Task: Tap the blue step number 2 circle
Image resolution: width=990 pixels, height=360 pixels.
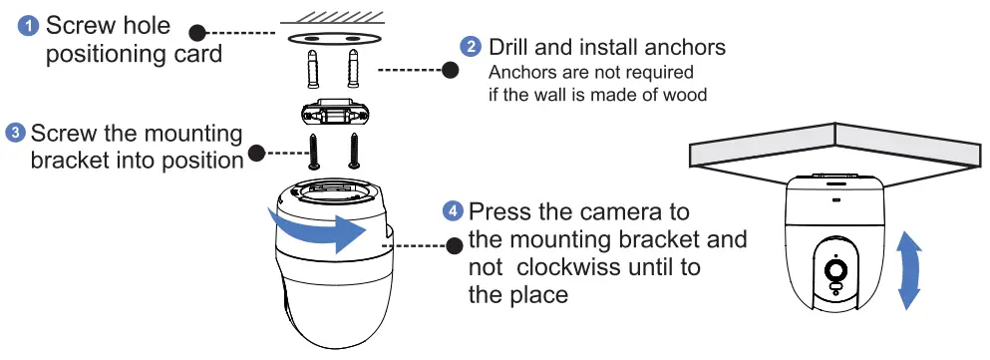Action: pos(470,47)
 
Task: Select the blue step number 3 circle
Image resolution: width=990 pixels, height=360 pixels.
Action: pos(15,133)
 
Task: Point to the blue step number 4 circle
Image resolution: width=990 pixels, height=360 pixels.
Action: pos(453,211)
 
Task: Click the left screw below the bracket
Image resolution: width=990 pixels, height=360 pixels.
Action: pos(316,152)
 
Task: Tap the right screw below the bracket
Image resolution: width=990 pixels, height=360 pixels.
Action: pos(352,152)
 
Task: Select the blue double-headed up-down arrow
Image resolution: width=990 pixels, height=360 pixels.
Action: pos(908,270)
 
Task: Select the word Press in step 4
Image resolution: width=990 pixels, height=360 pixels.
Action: pos(501,212)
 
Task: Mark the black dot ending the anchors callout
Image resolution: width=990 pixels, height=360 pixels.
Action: pos(450,71)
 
